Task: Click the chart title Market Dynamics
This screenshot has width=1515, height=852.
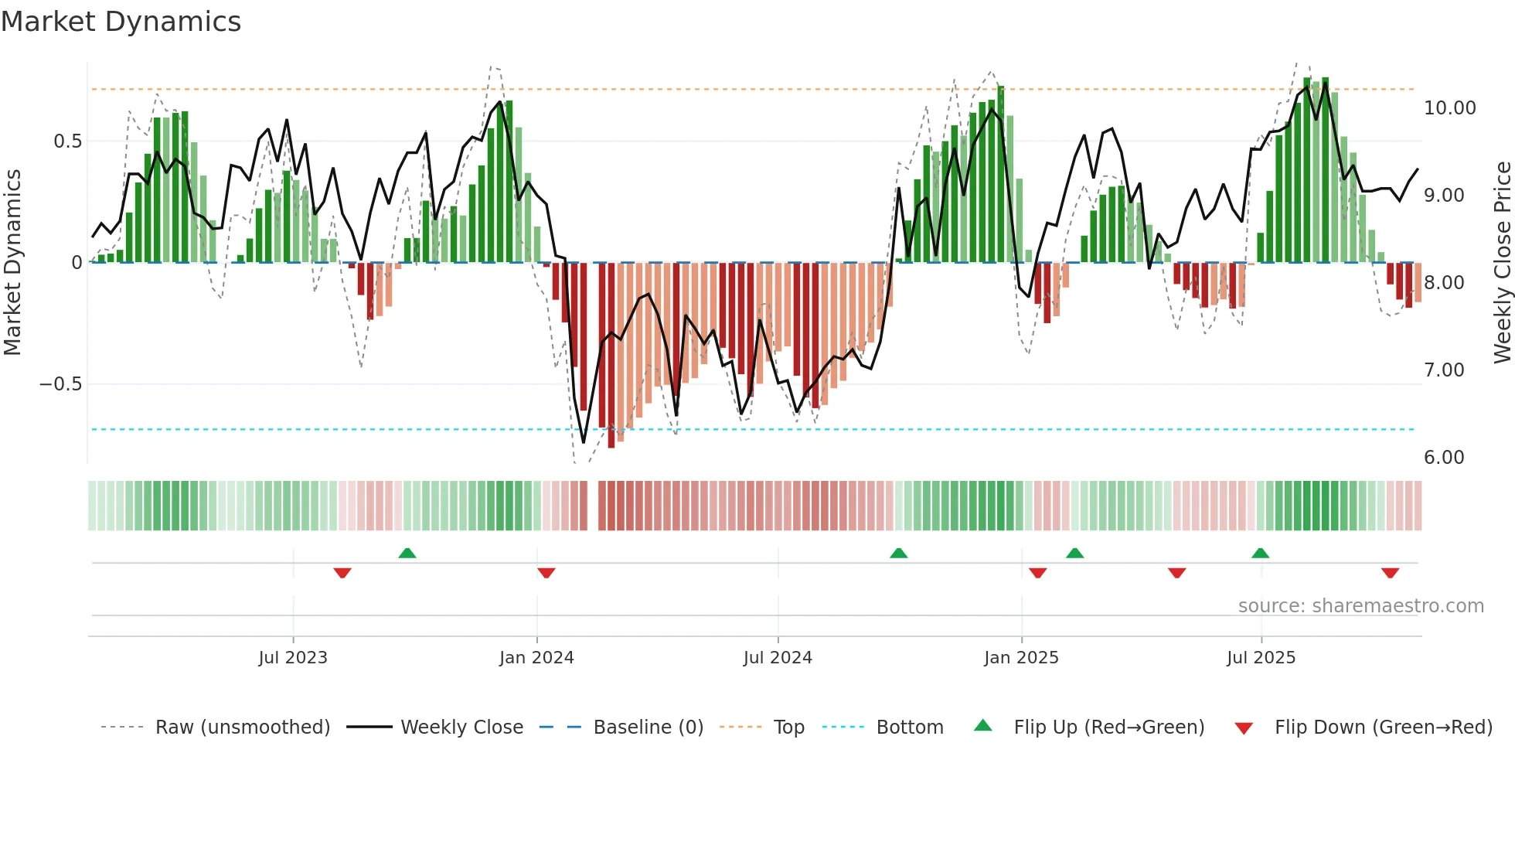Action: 121,22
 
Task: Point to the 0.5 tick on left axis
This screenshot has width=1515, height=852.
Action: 67,141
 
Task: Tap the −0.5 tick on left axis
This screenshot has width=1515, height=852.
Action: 61,384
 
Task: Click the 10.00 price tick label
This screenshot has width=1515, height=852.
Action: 1449,108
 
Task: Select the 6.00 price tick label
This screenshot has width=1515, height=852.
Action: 1444,458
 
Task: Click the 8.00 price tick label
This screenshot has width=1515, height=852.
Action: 1444,283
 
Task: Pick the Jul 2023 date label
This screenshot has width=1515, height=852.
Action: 293,658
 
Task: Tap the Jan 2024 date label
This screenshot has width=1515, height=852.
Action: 536,658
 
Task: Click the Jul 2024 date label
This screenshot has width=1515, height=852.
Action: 778,658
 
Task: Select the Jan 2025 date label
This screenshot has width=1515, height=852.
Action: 1021,658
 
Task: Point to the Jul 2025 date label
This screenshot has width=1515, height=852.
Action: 1261,658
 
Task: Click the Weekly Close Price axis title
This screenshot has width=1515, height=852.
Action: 1502,262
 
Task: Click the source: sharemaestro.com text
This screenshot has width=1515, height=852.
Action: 1360,606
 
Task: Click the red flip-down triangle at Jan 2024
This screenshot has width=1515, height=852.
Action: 546,573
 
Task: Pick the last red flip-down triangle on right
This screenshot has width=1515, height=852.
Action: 1390,573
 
